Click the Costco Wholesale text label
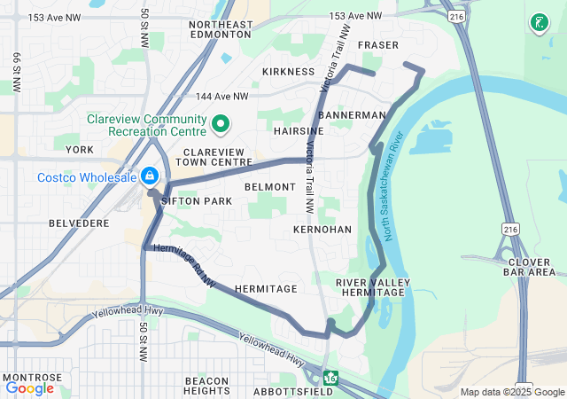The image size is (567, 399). click(86, 176)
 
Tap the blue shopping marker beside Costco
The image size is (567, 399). click(150, 176)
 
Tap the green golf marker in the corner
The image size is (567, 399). click(538, 21)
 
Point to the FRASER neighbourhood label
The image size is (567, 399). click(377, 45)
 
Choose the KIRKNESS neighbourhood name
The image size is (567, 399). click(289, 71)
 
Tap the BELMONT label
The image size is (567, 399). click(269, 187)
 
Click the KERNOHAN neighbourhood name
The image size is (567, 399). click(317, 229)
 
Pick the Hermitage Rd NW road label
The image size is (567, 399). click(184, 266)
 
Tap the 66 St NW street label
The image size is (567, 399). click(16, 73)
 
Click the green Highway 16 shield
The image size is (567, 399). click(330, 378)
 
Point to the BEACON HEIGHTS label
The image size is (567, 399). click(207, 386)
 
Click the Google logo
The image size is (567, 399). click(29, 387)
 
